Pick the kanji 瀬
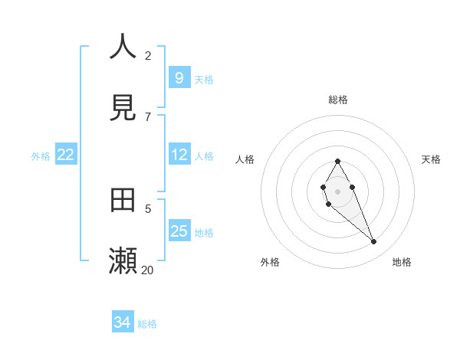[x=123, y=261]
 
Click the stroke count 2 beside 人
[x=148, y=55]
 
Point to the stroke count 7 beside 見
[x=148, y=116]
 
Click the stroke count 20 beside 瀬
[x=148, y=270]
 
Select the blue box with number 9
[x=179, y=77]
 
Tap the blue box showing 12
[x=179, y=155]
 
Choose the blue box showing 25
[x=179, y=231]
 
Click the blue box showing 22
[x=65, y=155]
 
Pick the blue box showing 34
[x=122, y=322]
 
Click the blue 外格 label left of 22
[x=41, y=156]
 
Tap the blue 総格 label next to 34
[x=147, y=324]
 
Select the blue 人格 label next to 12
[x=204, y=156]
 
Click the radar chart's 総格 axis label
[x=338, y=100]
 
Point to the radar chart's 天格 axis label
[x=432, y=159]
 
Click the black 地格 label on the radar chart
[x=402, y=262]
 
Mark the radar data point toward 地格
[x=373, y=242]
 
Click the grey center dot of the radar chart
[x=337, y=191]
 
